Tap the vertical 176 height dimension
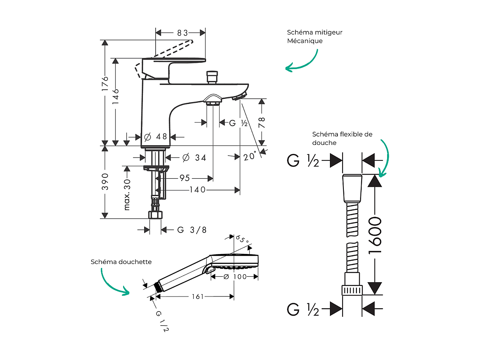105,84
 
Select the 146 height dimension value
116,96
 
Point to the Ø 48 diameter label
156,137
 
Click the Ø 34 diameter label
194,158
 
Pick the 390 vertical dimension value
105,181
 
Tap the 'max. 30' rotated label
127,194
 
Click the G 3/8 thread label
192,230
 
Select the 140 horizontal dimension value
197,190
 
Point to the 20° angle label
250,156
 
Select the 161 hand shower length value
197,296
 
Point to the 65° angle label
242,239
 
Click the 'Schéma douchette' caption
121,262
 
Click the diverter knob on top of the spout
212,76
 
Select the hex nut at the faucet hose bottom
156,216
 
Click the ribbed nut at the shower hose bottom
352,290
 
